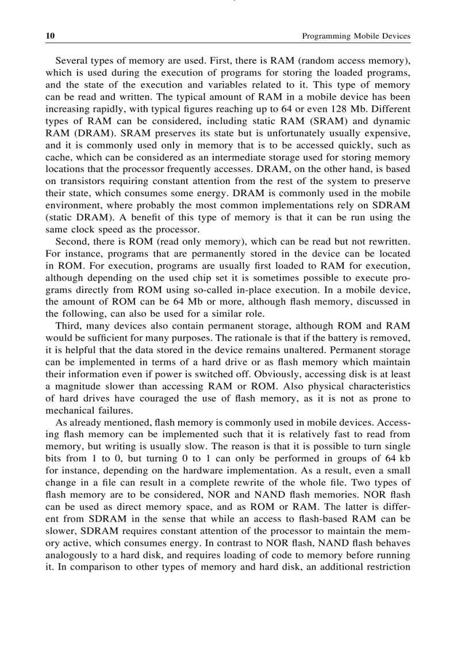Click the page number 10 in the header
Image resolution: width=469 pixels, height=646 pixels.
click(x=50, y=36)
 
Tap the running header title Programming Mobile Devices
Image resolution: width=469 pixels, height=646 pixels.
click(x=356, y=36)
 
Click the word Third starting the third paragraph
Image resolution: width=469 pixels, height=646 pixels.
click(x=68, y=326)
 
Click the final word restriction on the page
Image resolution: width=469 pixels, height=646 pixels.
click(x=389, y=567)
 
